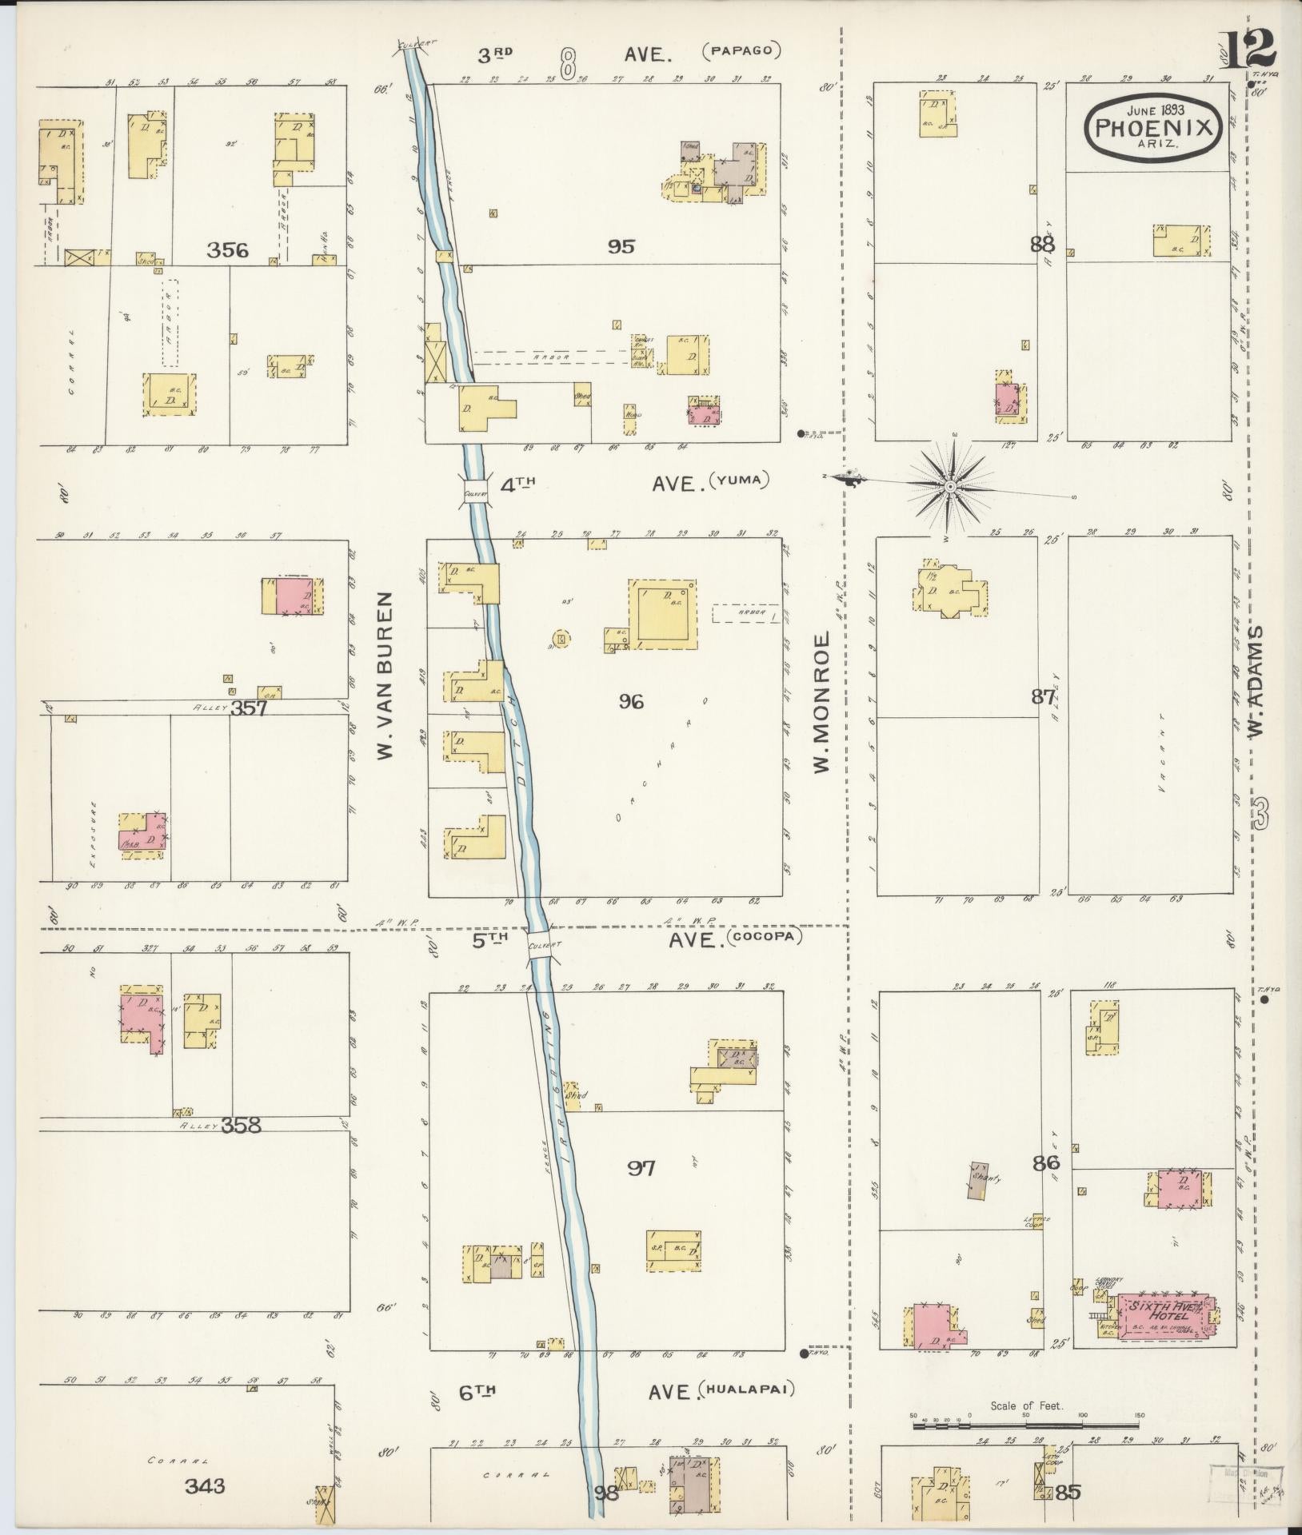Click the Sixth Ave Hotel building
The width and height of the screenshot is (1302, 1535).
click(x=1161, y=1314)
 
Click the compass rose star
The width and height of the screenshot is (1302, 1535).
click(x=949, y=486)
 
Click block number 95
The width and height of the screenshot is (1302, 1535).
click(x=621, y=246)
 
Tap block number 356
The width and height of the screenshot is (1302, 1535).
click(x=227, y=251)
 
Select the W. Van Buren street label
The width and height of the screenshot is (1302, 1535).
click(x=386, y=676)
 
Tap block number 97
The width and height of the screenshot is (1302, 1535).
click(x=641, y=1168)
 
